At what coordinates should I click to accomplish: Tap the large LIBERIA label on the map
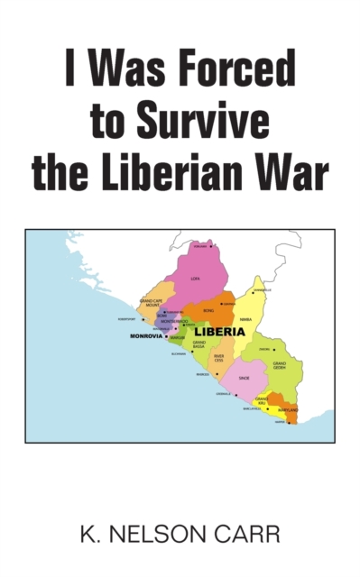220,332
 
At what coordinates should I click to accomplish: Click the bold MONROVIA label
145,336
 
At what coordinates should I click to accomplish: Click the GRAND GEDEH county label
281,366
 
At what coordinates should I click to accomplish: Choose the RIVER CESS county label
218,358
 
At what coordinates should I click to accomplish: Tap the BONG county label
209,311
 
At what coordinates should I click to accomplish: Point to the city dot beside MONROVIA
166,336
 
